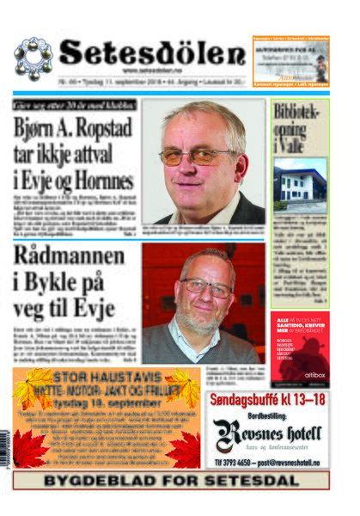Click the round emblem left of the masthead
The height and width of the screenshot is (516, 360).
[33, 58]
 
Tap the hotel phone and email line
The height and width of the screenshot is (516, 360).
[267, 460]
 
